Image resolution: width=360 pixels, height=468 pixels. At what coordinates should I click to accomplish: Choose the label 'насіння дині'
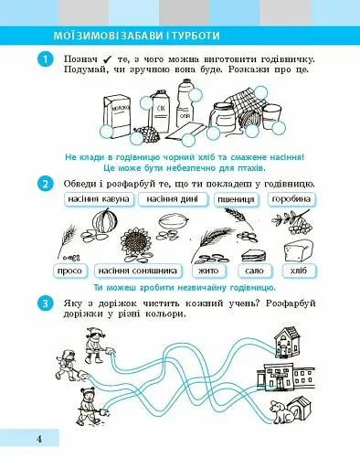click(174, 199)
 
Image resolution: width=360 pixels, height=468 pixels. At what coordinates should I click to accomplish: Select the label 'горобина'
click(295, 199)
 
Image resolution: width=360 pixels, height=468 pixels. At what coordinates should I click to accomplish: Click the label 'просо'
click(69, 271)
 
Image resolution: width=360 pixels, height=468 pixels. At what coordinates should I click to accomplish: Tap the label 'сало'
click(255, 271)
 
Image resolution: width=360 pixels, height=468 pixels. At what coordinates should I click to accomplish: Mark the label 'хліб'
click(297, 271)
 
